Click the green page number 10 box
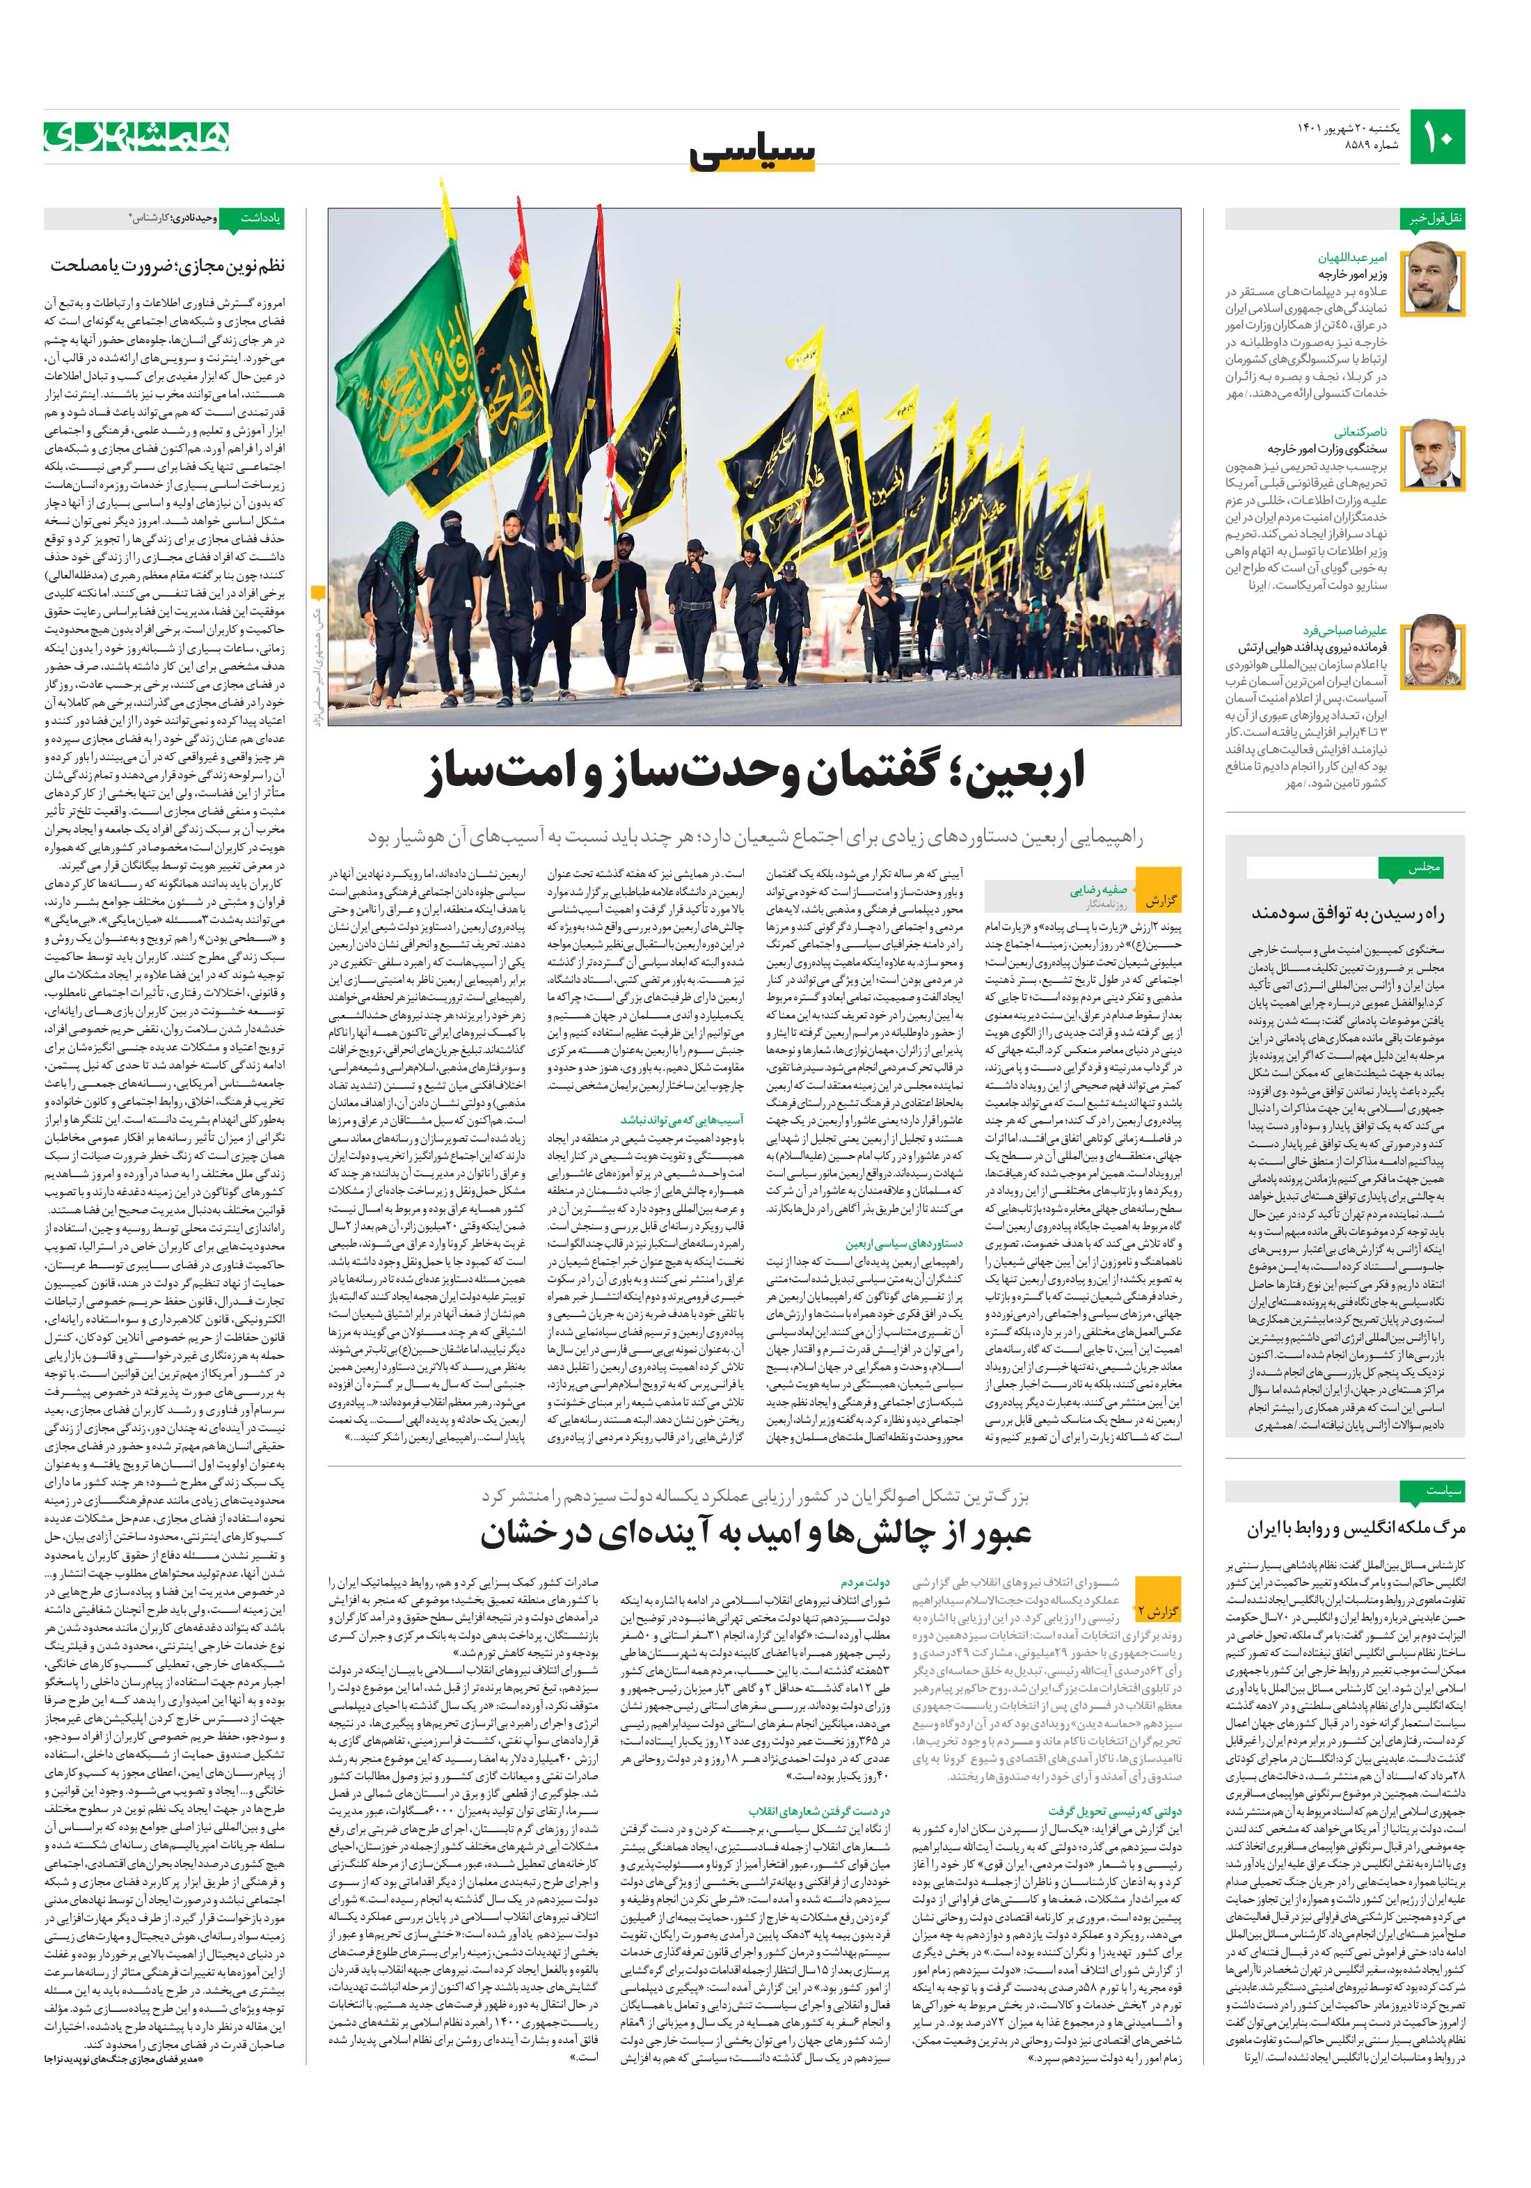point(1438,137)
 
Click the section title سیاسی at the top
point(753,152)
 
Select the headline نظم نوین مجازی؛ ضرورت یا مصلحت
point(168,266)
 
